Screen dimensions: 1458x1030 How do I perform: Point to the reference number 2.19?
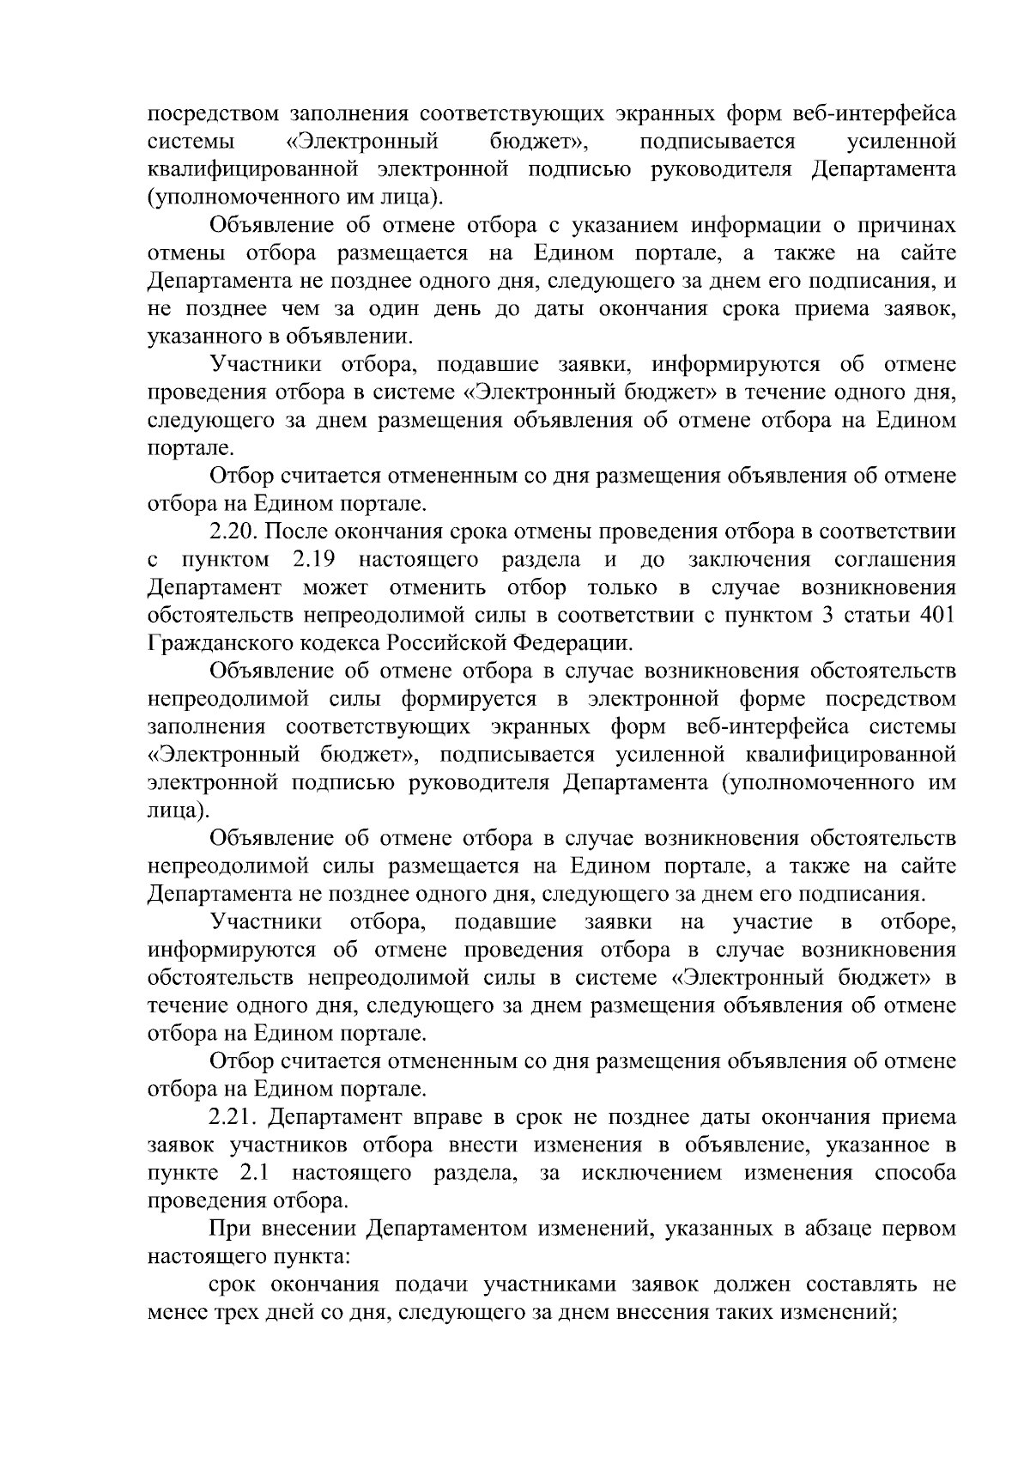click(x=312, y=561)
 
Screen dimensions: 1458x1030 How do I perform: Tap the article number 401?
click(x=937, y=616)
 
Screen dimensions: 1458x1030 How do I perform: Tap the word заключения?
click(x=749, y=561)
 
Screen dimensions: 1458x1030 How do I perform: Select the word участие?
click(x=772, y=922)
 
